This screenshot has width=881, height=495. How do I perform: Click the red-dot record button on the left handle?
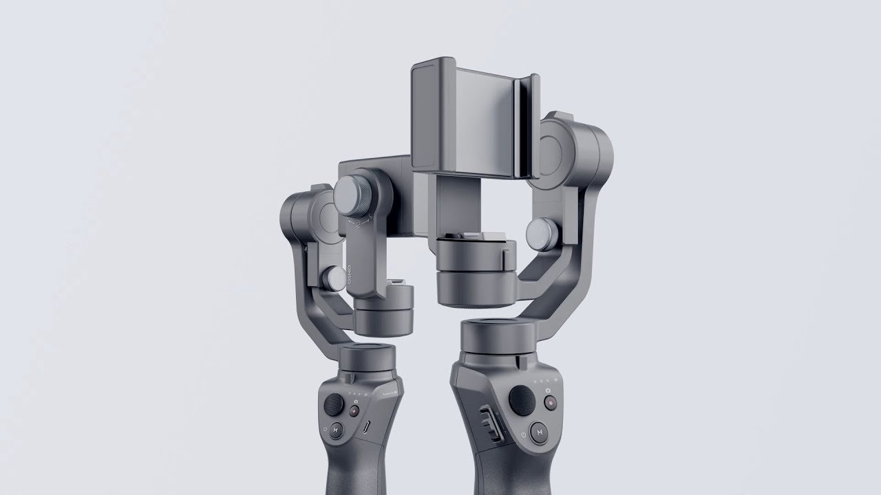354,411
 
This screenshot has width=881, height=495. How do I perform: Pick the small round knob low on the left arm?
334,278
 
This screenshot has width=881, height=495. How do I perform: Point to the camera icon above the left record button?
354,399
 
